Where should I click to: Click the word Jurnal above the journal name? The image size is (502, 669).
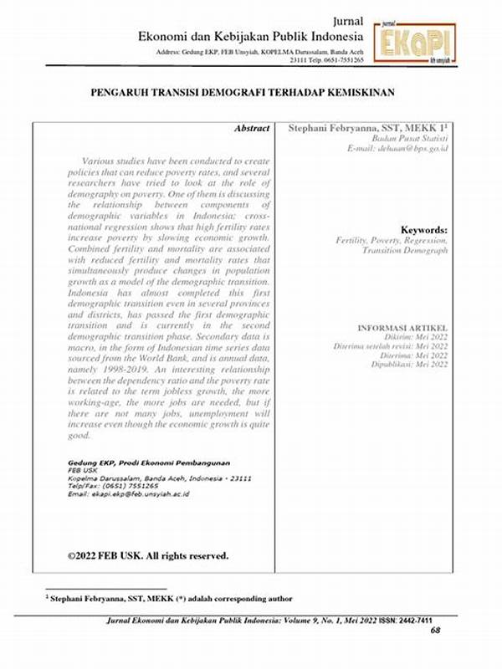tap(347, 21)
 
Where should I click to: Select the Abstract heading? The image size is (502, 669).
tap(252, 128)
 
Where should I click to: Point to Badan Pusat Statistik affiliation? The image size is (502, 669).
tap(410, 138)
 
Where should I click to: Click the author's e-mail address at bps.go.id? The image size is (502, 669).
tap(397, 148)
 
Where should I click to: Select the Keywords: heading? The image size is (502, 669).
tap(424, 230)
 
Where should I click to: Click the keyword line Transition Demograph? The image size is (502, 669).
tap(405, 250)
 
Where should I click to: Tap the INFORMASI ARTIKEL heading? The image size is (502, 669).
tap(402, 327)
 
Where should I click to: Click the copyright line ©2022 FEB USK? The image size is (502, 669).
tap(147, 555)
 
